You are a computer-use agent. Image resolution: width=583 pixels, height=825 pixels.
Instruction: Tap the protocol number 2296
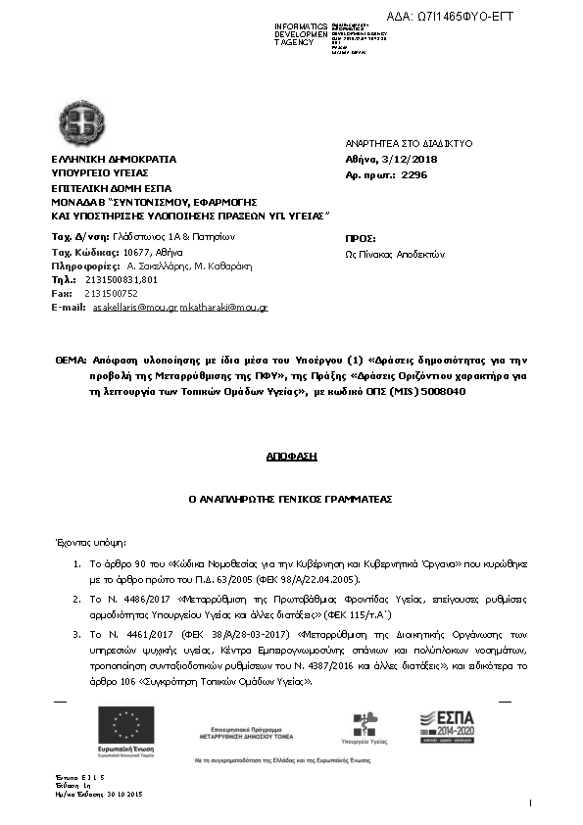414,174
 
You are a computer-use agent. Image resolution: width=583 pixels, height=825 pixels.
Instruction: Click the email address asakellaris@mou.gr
134,308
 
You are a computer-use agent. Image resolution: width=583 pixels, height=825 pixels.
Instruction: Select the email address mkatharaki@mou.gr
223,308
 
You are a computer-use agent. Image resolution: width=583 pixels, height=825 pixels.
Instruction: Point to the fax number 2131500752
111,293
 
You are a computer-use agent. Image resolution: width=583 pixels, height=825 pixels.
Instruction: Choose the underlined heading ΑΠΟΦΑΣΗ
291,457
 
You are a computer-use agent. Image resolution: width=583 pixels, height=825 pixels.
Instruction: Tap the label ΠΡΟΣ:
362,238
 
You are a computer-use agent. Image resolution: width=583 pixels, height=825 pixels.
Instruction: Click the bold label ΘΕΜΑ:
71,362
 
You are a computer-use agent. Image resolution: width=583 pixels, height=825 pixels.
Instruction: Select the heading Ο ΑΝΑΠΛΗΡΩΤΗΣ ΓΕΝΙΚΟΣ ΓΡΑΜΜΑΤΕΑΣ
291,499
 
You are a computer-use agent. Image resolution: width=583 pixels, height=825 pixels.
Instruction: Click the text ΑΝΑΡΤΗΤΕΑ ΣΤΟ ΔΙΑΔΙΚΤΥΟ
396,143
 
